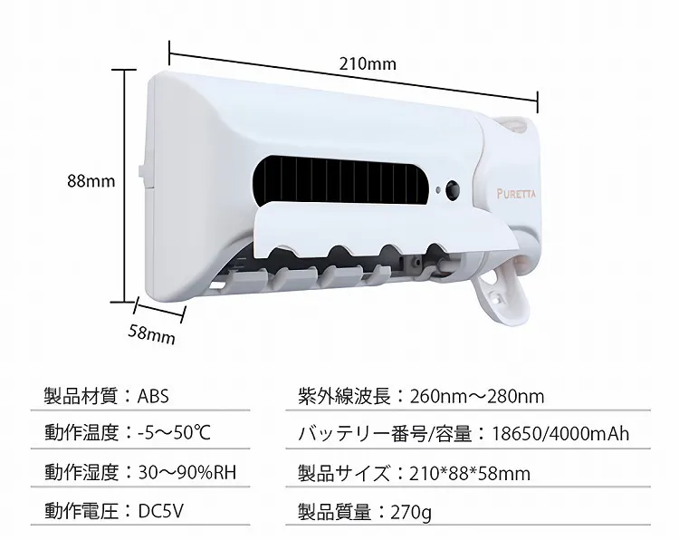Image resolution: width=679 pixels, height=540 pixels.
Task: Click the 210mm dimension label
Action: click(x=368, y=64)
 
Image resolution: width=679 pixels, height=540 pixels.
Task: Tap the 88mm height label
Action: click(x=91, y=180)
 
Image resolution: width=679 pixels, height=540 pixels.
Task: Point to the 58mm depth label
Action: click(x=151, y=333)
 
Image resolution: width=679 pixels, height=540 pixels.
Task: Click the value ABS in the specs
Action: click(x=153, y=396)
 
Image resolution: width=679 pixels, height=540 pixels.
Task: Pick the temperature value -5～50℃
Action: click(x=174, y=433)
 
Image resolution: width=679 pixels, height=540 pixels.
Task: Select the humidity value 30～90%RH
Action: click(x=188, y=472)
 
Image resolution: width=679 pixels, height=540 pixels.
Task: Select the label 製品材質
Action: click(x=81, y=396)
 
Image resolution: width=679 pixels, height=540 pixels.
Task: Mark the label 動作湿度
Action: click(x=81, y=472)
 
